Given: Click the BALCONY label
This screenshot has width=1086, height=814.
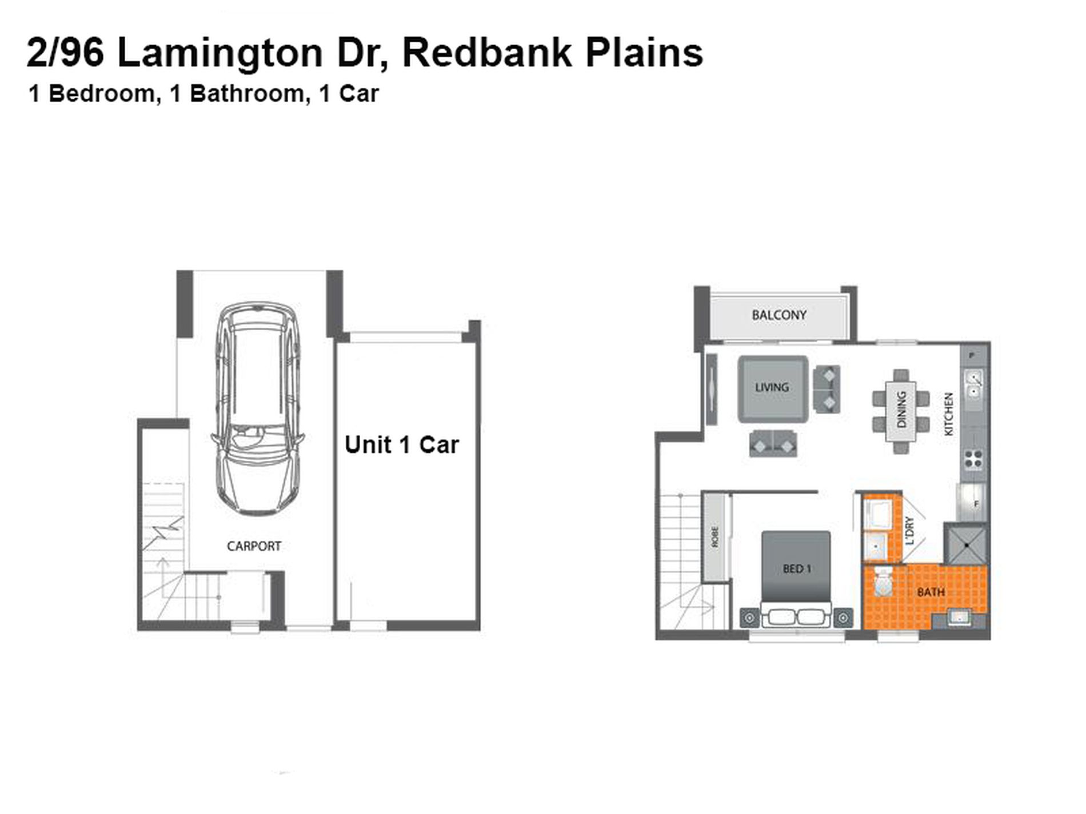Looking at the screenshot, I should [x=778, y=315].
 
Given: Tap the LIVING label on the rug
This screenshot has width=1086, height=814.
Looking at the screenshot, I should [x=772, y=387].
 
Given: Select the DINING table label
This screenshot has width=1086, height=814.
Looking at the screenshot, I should [x=901, y=409].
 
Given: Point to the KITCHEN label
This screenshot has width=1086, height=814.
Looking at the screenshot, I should [x=949, y=414].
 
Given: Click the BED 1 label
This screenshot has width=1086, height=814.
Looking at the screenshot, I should [x=797, y=568].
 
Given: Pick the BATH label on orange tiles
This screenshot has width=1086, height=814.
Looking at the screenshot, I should [x=931, y=592].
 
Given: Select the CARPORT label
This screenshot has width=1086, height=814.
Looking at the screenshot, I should [x=254, y=546].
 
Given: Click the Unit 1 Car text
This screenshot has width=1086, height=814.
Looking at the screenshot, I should [x=402, y=445].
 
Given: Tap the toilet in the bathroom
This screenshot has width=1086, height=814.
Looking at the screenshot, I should [x=883, y=583].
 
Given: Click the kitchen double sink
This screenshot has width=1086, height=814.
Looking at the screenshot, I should [x=973, y=384].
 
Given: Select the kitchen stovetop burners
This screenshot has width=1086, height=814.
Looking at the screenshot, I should [x=973, y=459].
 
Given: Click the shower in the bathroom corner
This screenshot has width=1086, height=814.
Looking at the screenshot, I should [x=965, y=544].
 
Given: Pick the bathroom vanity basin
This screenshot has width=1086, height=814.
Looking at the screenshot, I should [x=959, y=617].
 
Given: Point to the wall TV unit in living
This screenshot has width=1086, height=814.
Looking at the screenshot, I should [x=712, y=388].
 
